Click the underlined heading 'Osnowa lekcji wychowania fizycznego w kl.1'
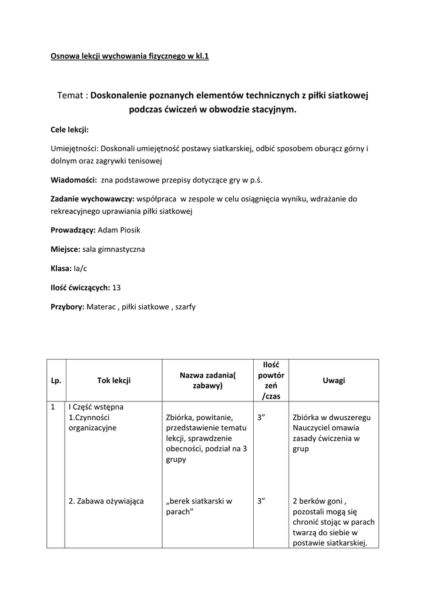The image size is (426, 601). [x=129, y=57]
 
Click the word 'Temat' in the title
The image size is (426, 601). [x=71, y=95]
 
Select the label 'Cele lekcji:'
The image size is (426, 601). [x=69, y=130]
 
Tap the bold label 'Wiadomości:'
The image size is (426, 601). [x=73, y=180]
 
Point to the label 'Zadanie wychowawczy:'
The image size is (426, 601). [x=93, y=199]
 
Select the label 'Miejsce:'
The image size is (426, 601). [x=65, y=249]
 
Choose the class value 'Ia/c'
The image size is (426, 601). [x=80, y=268]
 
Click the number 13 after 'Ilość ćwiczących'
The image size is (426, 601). [x=116, y=288]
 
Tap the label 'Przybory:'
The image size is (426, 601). [x=68, y=306]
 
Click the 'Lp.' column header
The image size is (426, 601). [x=56, y=380]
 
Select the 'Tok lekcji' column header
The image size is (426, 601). [x=113, y=380]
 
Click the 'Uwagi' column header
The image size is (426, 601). [x=334, y=380]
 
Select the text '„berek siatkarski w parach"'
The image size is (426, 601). [x=199, y=507]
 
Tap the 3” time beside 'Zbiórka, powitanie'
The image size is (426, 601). [x=262, y=417]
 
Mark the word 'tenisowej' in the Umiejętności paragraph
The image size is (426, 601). [x=143, y=160]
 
